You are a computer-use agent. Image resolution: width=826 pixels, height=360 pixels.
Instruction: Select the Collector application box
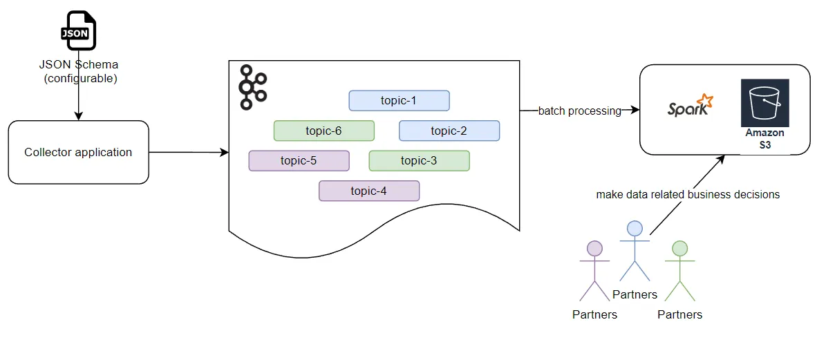(78, 152)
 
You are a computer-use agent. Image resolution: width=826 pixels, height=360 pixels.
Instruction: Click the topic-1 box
(399, 101)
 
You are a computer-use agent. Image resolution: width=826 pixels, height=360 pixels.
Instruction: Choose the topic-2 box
(449, 131)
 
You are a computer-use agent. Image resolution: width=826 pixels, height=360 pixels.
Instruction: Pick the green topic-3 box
(419, 161)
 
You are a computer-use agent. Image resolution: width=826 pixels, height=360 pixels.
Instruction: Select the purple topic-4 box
(368, 191)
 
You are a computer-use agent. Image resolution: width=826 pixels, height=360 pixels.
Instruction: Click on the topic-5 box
(299, 161)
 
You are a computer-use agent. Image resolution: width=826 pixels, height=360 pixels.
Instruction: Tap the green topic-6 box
(323, 131)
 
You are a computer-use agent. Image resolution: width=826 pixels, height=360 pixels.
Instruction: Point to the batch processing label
(579, 111)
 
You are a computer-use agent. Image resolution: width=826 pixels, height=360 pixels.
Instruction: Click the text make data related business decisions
(688, 195)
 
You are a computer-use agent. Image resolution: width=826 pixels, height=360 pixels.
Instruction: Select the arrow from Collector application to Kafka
(188, 152)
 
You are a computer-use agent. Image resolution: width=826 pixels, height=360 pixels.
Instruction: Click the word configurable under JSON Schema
(80, 78)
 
